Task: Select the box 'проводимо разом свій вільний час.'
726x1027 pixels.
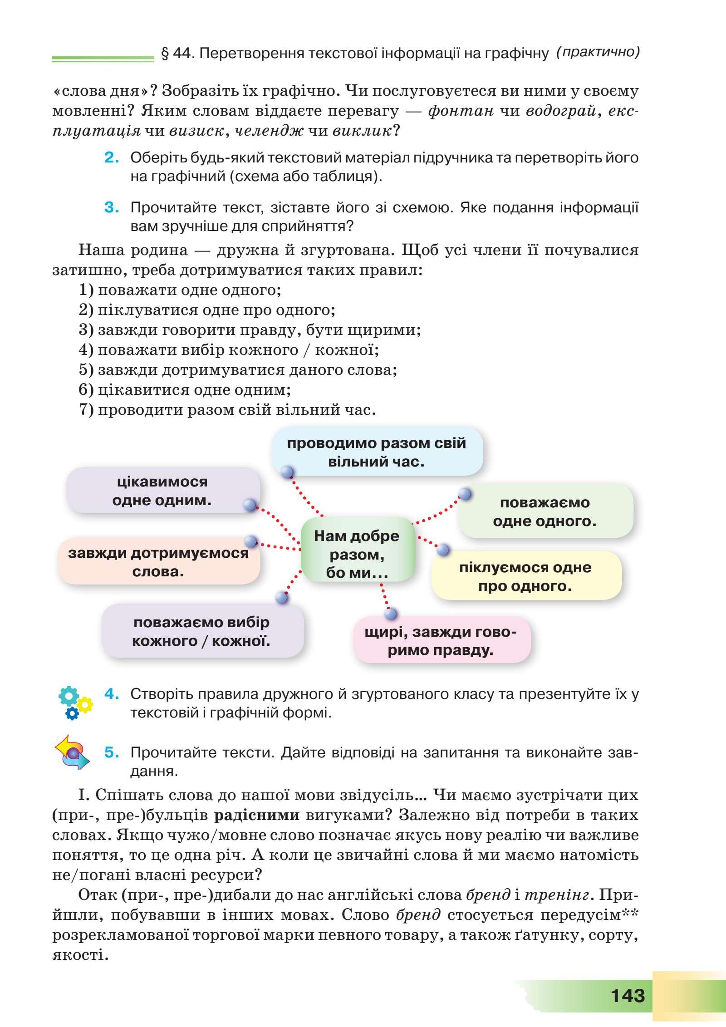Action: [x=377, y=452]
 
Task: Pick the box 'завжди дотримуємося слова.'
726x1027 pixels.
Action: [x=158, y=562]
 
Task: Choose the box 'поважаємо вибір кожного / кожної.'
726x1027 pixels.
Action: [x=202, y=631]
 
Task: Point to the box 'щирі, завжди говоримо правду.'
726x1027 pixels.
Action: [x=441, y=641]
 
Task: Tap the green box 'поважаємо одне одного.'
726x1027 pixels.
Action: [x=545, y=512]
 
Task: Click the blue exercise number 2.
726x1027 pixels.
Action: [x=112, y=157]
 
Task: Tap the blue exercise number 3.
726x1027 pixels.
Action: [x=112, y=207]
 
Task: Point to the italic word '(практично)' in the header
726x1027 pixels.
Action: [x=598, y=53]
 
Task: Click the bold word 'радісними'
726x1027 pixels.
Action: [x=256, y=816]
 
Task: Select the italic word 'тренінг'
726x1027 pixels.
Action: [x=558, y=895]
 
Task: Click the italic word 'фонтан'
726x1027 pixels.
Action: [x=461, y=111]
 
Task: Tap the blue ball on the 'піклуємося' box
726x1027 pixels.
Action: [x=442, y=550]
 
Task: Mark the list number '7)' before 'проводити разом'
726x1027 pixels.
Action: [x=86, y=410]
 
